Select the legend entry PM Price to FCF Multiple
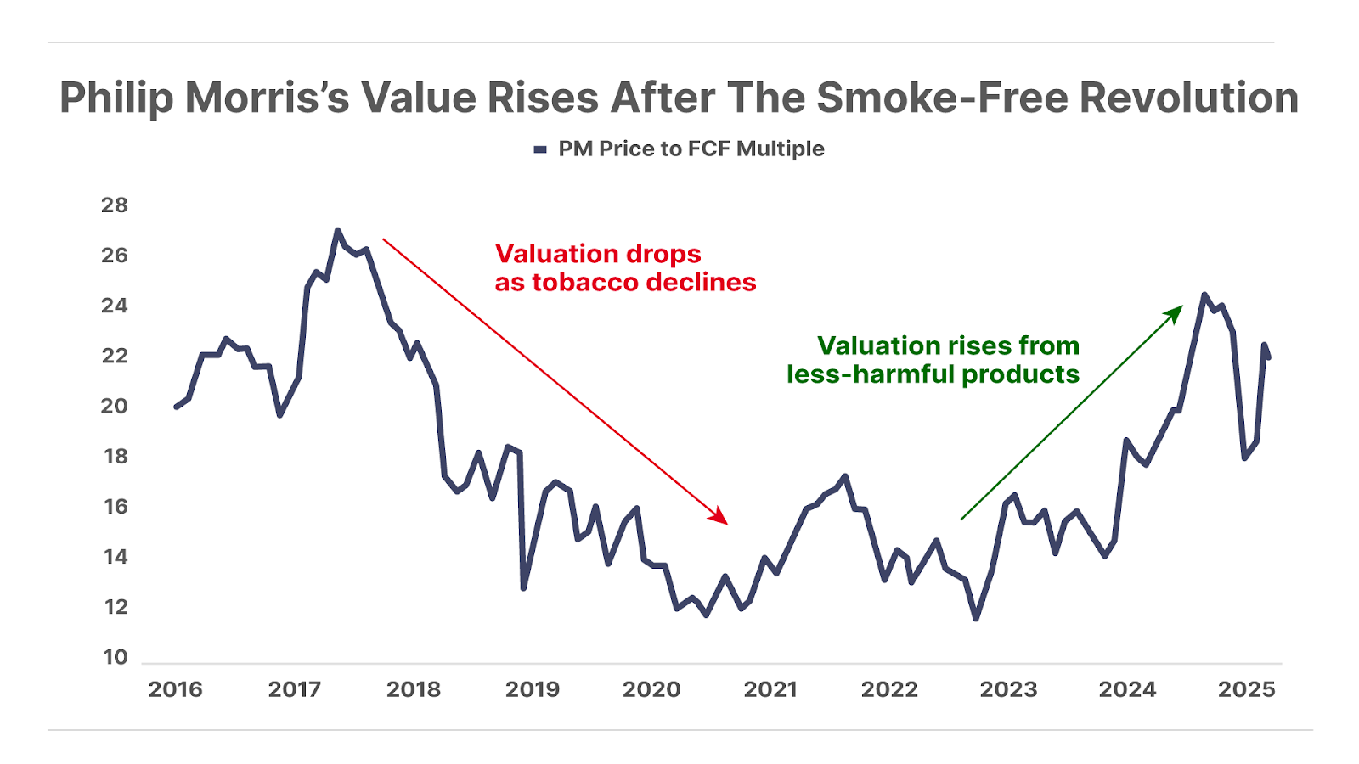click(690, 149)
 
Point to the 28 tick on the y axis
click(115, 205)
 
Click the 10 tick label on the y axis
click(115, 657)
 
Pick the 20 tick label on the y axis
click(115, 406)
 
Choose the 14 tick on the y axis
click(115, 557)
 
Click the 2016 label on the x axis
click(176, 689)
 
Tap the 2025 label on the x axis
click(1246, 689)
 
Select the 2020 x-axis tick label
click(651, 689)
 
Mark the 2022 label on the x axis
click(889, 689)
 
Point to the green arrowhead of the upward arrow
click(1176, 312)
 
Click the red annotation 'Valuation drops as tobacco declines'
click(625, 268)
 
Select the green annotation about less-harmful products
click(933, 360)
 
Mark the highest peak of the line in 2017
click(337, 230)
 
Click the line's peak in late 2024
click(1204, 295)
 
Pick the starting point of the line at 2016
click(177, 407)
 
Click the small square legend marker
click(540, 150)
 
